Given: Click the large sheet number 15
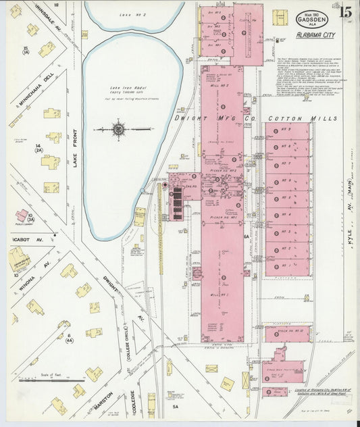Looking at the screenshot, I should (x=344, y=11).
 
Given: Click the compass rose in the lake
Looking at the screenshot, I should (x=119, y=128).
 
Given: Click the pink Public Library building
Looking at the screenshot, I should (x=22, y=216).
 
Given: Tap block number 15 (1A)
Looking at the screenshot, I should (x=26, y=50).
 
